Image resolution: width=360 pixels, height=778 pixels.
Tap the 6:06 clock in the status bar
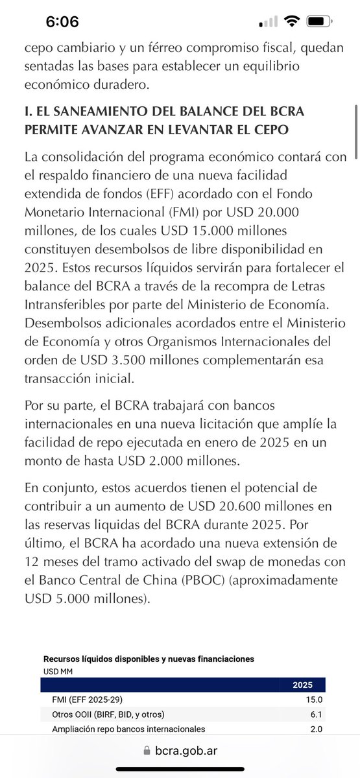click(x=62, y=21)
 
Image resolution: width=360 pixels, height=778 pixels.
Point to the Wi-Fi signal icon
click(x=292, y=21)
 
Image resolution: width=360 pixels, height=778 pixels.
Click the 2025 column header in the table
click(x=303, y=684)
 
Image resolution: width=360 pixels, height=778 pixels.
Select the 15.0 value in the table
click(x=315, y=700)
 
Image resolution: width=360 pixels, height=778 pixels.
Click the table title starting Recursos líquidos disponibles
click(x=149, y=658)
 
